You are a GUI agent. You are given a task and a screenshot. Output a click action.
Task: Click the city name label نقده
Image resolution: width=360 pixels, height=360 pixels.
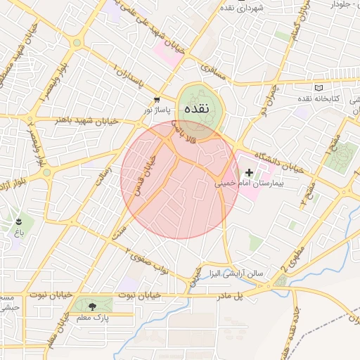[198, 110]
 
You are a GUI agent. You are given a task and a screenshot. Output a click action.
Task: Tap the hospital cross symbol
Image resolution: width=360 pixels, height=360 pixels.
[249, 172]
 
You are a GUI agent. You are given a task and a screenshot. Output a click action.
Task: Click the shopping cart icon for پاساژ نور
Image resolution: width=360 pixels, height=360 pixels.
[157, 100]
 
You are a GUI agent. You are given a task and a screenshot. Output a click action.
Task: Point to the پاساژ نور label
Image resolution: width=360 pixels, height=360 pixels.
[157, 110]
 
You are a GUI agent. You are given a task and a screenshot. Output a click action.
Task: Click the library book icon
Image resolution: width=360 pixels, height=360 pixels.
[320, 88]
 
